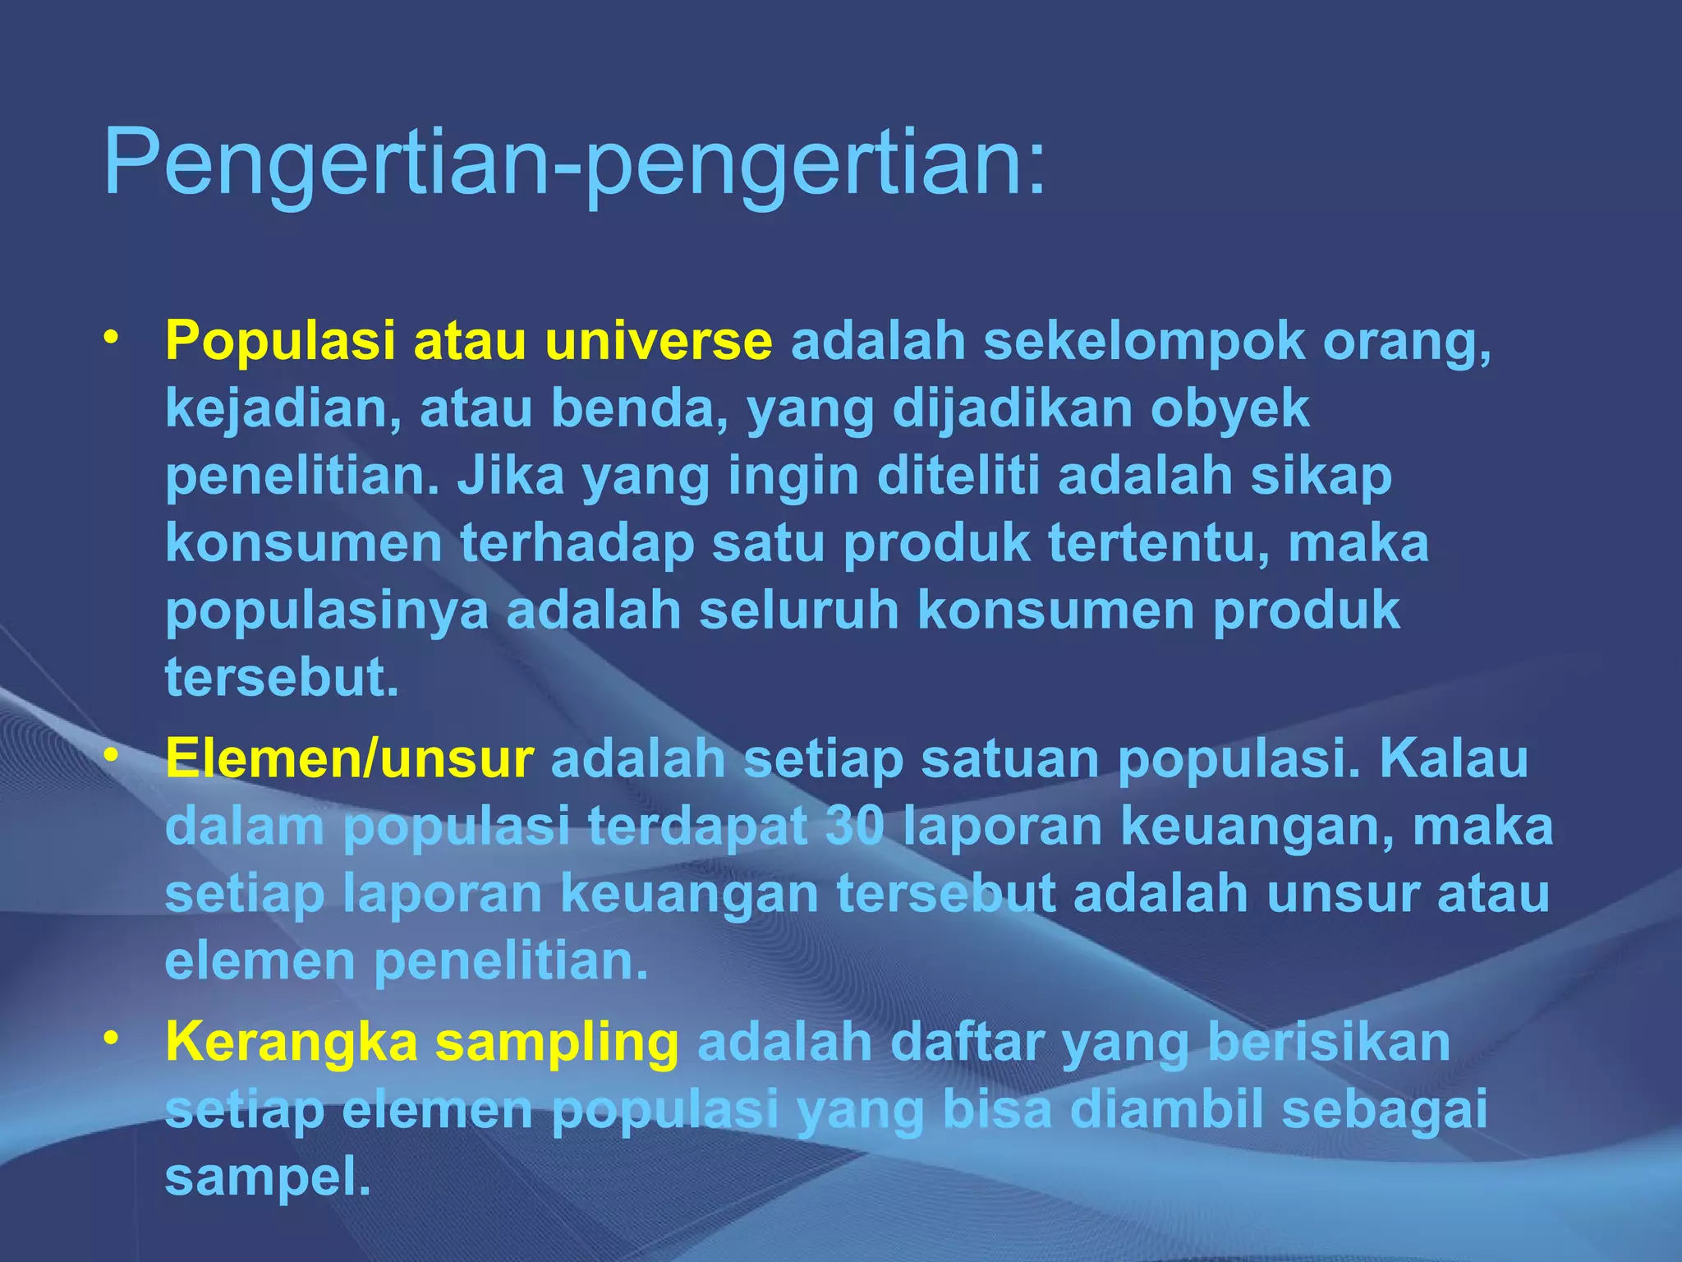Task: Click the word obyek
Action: pos(1229,409)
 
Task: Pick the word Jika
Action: pos(511,477)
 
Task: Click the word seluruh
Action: pos(799,611)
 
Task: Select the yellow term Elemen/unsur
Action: pos(350,758)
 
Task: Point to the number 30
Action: pos(855,826)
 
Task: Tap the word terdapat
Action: pos(698,827)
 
